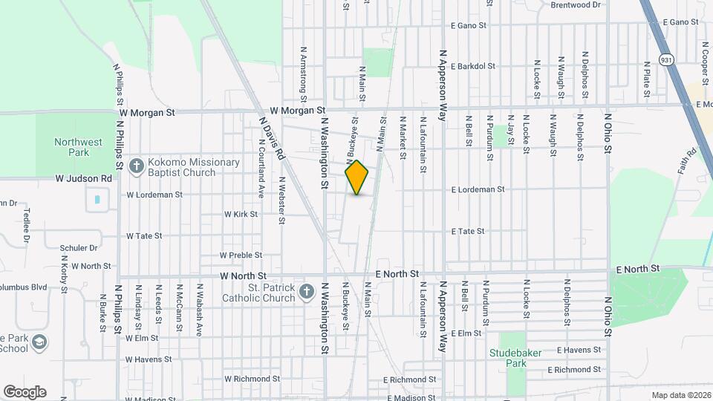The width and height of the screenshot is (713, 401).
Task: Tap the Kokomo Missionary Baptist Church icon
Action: [x=136, y=166]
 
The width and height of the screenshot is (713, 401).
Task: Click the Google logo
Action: [x=25, y=392]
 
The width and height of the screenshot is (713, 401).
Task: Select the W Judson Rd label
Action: [x=83, y=178]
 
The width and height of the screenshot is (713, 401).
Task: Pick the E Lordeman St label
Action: [x=478, y=189]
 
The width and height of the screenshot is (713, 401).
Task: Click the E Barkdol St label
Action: [x=472, y=66]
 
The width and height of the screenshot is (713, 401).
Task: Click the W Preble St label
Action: [x=241, y=255]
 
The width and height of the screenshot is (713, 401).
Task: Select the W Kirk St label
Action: [x=241, y=214]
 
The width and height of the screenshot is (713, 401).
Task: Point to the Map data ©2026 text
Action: [x=680, y=394]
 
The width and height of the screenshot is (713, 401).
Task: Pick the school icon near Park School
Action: [x=39, y=342]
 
